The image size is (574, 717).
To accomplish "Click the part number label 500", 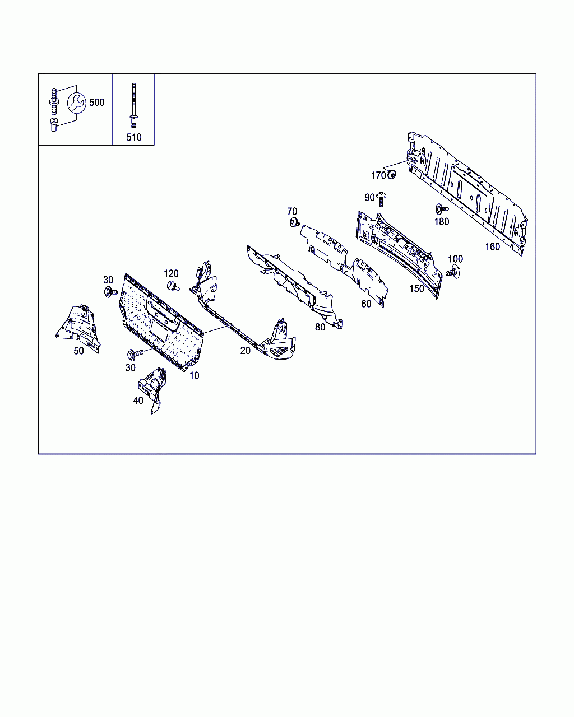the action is [x=97, y=103].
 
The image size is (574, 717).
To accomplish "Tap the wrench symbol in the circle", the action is [x=77, y=103].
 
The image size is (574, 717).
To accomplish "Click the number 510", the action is [x=134, y=137].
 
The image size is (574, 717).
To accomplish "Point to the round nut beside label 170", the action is [x=392, y=174].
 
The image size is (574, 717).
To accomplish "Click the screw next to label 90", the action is [x=381, y=199].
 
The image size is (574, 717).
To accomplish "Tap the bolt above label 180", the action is [x=442, y=209].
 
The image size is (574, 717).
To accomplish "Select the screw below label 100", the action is [x=453, y=271].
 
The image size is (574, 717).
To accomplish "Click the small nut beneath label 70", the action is [x=294, y=222].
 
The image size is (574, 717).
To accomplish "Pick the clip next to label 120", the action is [x=173, y=286].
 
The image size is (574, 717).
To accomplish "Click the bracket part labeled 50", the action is [x=78, y=328].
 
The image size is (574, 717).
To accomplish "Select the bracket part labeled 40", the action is [x=153, y=390].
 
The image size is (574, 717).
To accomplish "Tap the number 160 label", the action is [x=492, y=246].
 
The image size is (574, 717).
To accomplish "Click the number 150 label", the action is [x=416, y=288].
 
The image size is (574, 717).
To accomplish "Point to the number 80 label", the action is [x=320, y=327].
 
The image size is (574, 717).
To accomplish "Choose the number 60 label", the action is [x=366, y=304].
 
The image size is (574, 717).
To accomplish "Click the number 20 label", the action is [x=245, y=351].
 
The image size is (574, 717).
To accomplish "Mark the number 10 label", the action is [x=194, y=375].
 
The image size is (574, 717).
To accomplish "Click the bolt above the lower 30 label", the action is [x=135, y=354].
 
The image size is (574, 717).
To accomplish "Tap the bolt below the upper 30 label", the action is [x=110, y=292].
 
